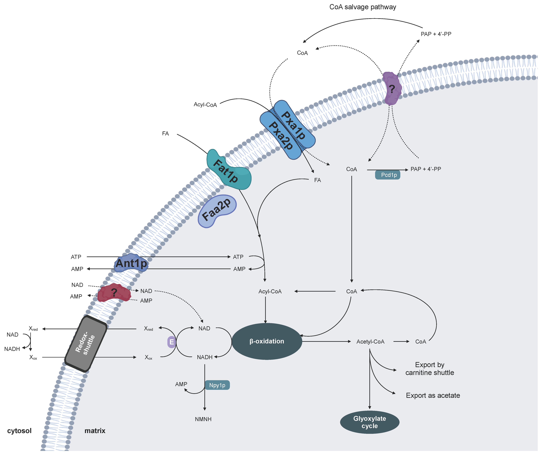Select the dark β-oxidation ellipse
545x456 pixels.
[267, 341]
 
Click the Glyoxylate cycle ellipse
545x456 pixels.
[370, 422]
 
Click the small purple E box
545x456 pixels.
[172, 342]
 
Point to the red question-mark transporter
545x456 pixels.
[114, 293]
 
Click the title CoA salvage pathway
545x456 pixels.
[363, 7]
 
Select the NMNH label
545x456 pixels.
[203, 419]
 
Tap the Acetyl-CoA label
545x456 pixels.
[370, 342]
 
